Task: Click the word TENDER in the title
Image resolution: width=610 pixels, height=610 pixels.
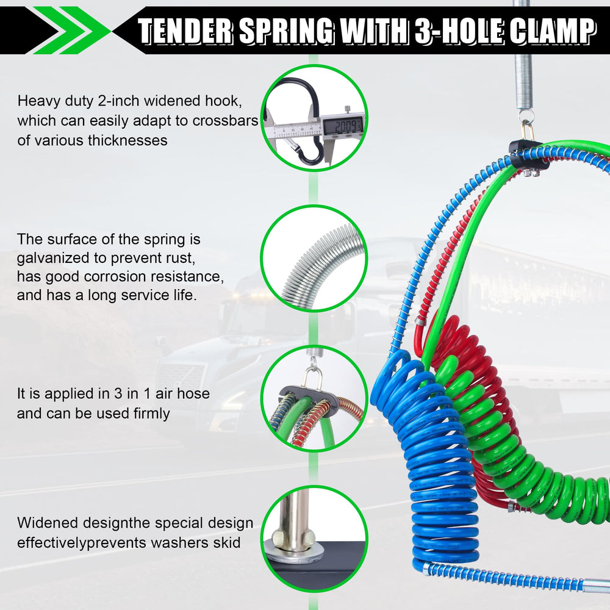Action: (185, 30)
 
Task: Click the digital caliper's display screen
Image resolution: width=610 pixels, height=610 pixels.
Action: (343, 125)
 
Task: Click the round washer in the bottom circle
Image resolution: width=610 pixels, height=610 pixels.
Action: (296, 553)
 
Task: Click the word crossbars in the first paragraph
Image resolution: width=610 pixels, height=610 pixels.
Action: (225, 121)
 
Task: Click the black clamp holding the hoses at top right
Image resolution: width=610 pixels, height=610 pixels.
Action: (529, 156)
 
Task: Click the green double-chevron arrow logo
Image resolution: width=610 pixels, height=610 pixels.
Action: (72, 30)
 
